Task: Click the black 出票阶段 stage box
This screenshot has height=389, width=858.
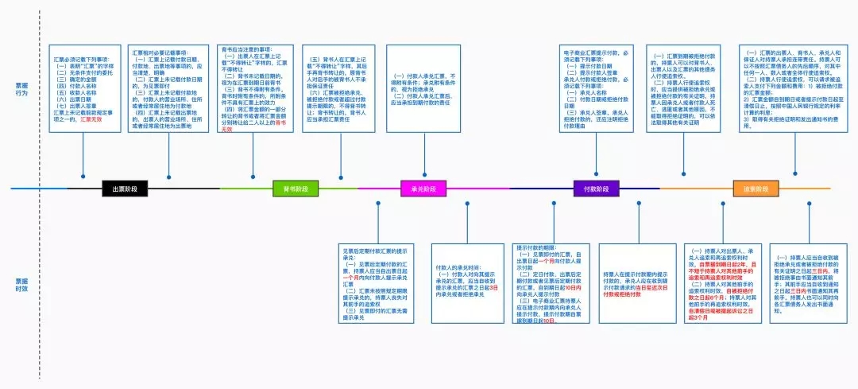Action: [x=125, y=189]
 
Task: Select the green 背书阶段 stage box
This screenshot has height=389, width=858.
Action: [x=296, y=189]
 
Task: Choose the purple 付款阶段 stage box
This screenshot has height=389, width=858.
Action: [x=596, y=189]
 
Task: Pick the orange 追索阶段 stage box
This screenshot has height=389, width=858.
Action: [x=755, y=189]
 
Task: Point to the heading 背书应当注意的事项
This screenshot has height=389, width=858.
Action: [x=252, y=49]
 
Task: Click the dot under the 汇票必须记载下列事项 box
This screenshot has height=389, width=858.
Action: [x=83, y=176]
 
